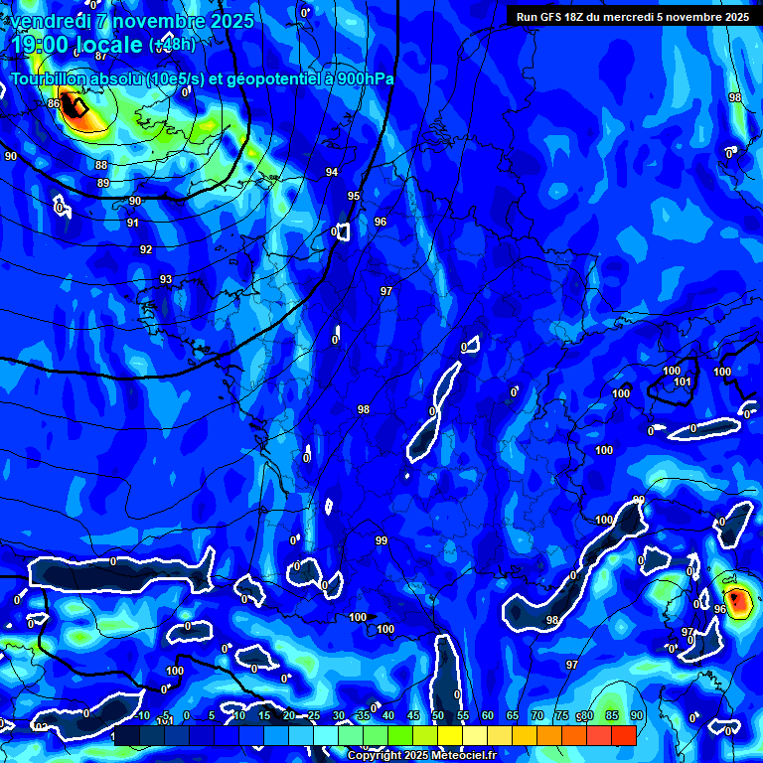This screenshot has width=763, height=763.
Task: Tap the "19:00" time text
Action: coord(36,45)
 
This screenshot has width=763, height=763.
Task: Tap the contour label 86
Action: coord(54,103)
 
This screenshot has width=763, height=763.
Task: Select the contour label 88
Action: coord(101,165)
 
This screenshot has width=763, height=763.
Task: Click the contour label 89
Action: coord(103,184)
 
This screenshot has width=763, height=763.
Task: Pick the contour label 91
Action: coord(133,223)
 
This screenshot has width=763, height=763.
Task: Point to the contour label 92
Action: coord(146,249)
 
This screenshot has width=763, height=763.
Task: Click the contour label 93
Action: coord(166,280)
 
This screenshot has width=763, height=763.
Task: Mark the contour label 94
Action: coord(332,172)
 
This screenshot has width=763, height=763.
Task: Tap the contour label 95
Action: coord(354,197)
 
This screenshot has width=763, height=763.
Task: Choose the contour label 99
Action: coord(381,540)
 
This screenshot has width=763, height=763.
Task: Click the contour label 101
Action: coord(683,382)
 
